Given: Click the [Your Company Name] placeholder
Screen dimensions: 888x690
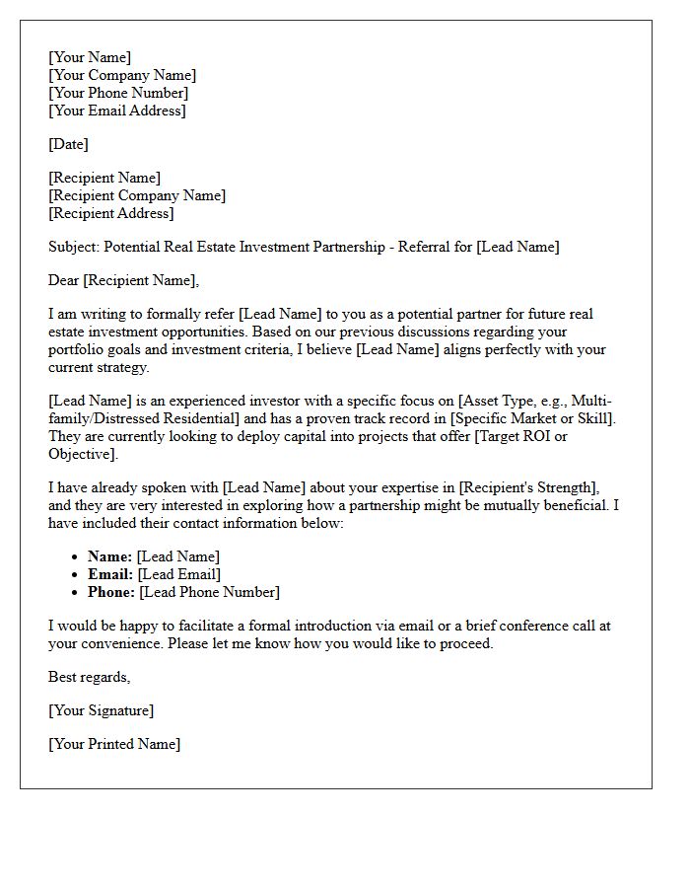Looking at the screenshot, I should (x=122, y=75).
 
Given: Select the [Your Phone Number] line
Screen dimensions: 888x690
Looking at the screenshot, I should (x=118, y=93).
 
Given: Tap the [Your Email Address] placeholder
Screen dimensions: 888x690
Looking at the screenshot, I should (x=116, y=111).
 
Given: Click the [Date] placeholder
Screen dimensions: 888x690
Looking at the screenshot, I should (x=68, y=144).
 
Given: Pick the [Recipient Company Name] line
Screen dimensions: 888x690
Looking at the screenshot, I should (x=137, y=195).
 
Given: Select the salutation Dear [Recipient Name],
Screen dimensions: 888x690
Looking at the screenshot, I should (x=123, y=280).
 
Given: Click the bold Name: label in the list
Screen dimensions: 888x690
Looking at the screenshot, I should (x=109, y=556).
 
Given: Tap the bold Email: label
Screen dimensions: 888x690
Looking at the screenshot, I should (x=110, y=574).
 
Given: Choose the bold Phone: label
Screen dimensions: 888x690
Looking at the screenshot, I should (x=111, y=592).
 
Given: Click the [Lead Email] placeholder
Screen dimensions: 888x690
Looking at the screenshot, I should (x=179, y=574).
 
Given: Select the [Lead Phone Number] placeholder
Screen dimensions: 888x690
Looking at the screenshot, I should (x=209, y=592).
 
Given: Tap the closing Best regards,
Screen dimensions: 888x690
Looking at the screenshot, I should (x=89, y=677).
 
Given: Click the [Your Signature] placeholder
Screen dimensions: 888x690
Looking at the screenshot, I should (x=101, y=710).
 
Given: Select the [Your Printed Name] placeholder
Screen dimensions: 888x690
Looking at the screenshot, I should (x=114, y=744).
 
